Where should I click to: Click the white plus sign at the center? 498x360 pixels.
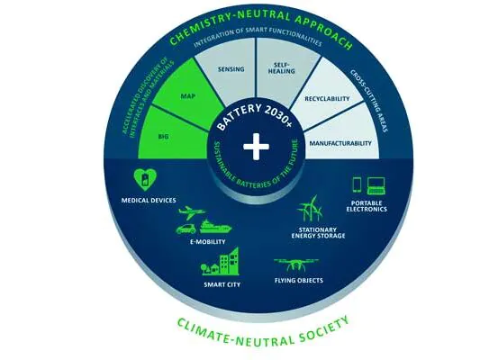(x=256, y=147)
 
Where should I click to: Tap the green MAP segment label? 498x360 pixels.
(x=188, y=96)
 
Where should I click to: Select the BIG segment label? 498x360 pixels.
(x=163, y=137)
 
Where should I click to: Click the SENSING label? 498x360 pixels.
(x=231, y=69)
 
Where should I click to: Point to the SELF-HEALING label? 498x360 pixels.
(x=281, y=68)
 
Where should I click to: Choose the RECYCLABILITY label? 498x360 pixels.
(x=327, y=99)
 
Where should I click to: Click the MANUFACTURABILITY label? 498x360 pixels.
(x=340, y=143)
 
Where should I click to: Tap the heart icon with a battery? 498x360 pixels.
(x=145, y=179)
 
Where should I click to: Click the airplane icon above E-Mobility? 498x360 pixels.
(x=192, y=212)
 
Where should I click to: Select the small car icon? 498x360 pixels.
(x=186, y=229)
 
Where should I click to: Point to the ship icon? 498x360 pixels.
(x=215, y=227)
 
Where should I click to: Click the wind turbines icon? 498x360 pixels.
(x=310, y=208)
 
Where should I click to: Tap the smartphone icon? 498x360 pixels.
(x=357, y=184)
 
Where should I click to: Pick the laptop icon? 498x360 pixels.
(x=376, y=185)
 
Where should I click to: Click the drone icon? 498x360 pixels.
(x=296, y=265)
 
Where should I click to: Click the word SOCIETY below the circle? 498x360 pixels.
(x=324, y=330)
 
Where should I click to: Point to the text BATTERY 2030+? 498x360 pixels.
(x=254, y=116)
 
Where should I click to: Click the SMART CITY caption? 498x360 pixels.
(x=222, y=284)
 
